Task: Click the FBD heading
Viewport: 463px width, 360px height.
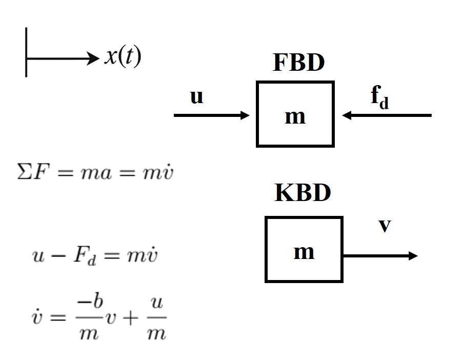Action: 298,63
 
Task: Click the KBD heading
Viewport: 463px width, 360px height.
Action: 303,193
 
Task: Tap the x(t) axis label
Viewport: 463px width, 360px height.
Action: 123,57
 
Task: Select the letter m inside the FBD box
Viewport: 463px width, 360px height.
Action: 295,117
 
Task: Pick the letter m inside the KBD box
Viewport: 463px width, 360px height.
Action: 304,252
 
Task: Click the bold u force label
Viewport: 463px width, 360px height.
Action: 196,96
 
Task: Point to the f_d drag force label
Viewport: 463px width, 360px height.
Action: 380,98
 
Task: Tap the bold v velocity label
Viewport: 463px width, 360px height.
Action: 385,226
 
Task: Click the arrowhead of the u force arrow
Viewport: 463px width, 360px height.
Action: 246,115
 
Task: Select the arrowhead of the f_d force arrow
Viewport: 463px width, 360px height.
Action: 347,115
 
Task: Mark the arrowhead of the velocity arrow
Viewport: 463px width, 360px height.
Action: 413,256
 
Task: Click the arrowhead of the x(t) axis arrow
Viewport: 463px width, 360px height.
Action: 93,58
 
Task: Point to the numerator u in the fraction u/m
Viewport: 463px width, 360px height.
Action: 156,303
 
